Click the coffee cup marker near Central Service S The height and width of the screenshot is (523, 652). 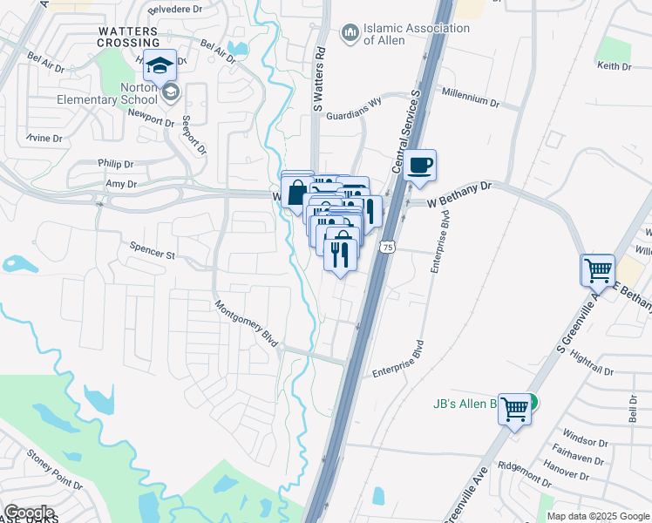(419, 166)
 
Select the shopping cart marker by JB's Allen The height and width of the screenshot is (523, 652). (515, 406)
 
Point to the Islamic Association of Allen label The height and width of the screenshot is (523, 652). (416, 34)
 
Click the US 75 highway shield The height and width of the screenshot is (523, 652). (385, 248)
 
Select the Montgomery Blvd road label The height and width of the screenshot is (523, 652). (247, 325)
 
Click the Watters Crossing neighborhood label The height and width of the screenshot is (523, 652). (127, 37)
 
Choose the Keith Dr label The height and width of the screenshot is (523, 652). (613, 65)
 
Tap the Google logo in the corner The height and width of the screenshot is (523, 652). (29, 512)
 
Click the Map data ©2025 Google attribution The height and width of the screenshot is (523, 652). (597, 516)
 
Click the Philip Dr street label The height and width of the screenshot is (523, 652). (117, 163)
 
